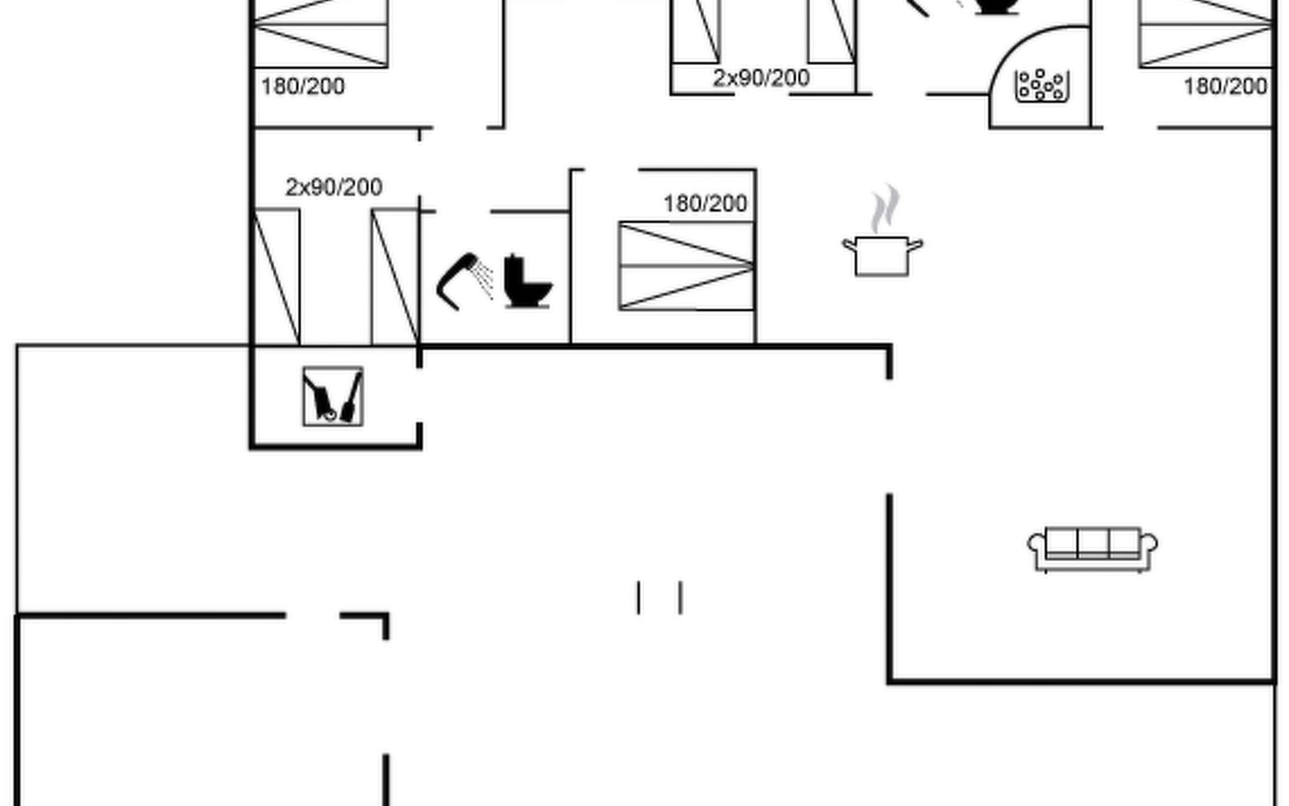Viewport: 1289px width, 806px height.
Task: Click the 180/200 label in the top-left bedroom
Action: [303, 87]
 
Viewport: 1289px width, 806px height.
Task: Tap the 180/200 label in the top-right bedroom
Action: [1225, 87]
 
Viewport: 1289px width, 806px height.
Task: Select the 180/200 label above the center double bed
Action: [705, 204]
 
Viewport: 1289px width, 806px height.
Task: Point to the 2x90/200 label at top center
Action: [761, 79]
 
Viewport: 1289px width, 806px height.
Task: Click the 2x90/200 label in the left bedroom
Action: [334, 187]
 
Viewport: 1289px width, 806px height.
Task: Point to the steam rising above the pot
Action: [886, 208]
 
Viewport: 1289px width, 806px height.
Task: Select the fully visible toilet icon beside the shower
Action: [527, 282]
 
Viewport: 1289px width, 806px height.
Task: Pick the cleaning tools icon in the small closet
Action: [333, 396]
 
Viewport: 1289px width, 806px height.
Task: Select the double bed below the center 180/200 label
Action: [685, 266]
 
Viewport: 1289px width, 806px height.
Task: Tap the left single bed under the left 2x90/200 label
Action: [277, 277]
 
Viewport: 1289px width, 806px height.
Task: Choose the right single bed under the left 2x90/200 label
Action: [395, 277]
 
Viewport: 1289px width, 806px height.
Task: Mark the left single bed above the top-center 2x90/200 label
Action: [696, 31]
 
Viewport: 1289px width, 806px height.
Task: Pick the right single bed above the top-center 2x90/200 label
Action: [832, 31]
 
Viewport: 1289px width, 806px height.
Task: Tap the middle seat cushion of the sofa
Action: [1092, 543]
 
